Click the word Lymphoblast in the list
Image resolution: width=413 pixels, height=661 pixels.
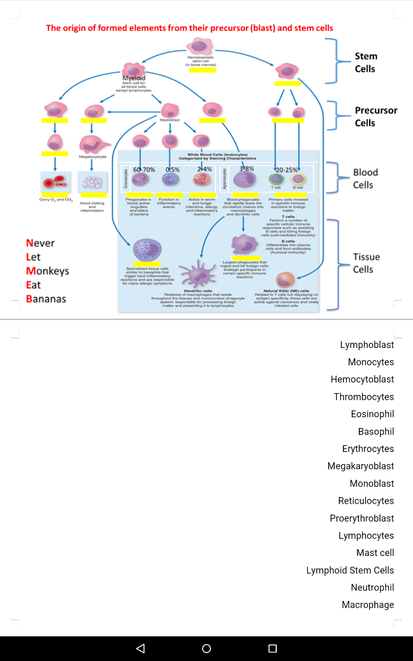[x=367, y=345]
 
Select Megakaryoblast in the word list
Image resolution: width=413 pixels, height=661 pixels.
[x=360, y=466]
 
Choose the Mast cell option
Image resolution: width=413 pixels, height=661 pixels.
[x=375, y=553]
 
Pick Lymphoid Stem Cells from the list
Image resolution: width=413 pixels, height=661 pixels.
[x=350, y=570]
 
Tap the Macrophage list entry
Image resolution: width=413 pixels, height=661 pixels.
[x=368, y=605]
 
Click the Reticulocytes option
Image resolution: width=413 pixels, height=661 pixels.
[x=366, y=501]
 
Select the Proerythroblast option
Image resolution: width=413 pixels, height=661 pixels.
[x=361, y=518]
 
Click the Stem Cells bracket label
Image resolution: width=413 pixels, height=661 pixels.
[x=365, y=63]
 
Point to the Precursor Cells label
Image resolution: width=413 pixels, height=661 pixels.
[x=376, y=116]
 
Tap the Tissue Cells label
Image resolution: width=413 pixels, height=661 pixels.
[x=366, y=263]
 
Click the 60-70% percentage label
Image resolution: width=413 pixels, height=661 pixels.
[x=144, y=169]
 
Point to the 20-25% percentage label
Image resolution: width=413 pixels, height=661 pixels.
[x=287, y=169]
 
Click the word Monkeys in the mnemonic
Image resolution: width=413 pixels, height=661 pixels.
[x=47, y=271]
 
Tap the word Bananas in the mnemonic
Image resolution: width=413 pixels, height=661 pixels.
[x=46, y=299]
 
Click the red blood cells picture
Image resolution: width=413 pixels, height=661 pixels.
[x=54, y=183]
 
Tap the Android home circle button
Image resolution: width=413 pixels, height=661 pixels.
[x=206, y=648]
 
